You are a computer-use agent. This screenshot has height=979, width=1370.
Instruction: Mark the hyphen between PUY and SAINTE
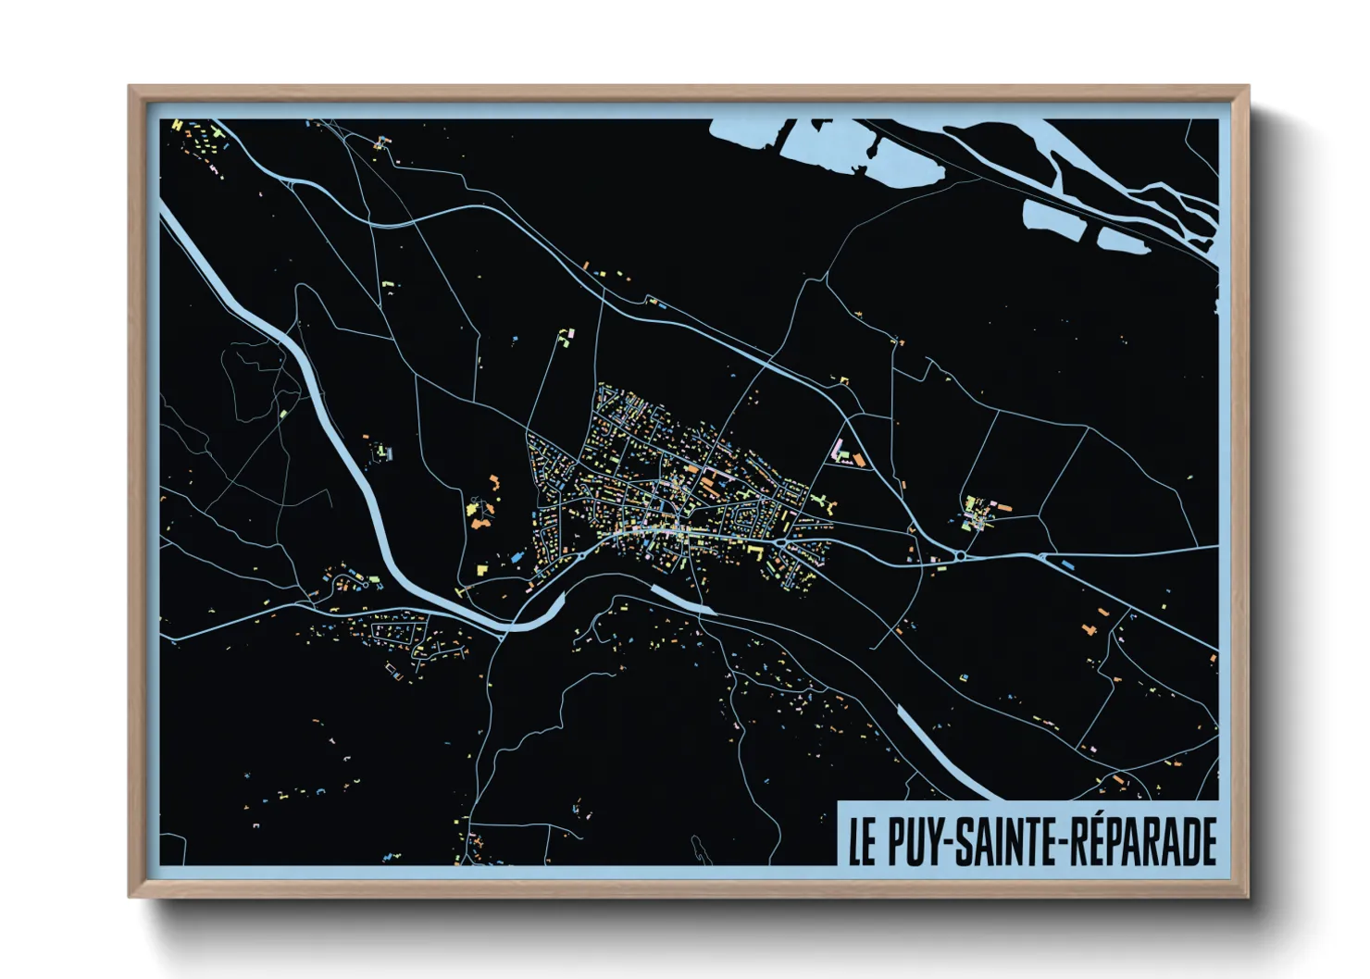click(948, 842)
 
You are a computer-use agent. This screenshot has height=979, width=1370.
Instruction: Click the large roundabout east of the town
click(961, 555)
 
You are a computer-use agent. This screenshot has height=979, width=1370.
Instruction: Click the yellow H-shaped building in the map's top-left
click(178, 124)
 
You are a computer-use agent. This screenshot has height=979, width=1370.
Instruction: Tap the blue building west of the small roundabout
click(515, 558)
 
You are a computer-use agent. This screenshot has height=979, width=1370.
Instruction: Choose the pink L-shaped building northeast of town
click(841, 451)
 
